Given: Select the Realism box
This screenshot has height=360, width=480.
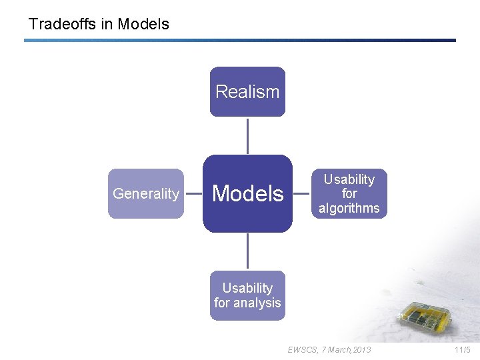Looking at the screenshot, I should [x=247, y=92].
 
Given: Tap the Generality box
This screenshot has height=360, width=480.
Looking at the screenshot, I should [x=146, y=194].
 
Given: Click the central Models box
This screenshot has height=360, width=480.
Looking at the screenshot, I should [x=247, y=194].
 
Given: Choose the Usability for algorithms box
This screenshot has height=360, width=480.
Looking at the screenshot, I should [x=349, y=194].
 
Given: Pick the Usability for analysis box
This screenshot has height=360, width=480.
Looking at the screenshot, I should [x=247, y=295].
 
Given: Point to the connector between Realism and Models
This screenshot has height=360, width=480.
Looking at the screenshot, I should [x=247, y=136].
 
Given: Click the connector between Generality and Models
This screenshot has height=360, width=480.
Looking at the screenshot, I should [x=193, y=194].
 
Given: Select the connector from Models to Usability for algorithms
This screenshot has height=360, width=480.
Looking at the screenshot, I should [x=302, y=194].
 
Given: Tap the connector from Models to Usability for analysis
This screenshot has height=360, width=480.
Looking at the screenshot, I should [x=247, y=251].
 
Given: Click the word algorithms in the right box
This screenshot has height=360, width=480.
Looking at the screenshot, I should [x=349, y=209].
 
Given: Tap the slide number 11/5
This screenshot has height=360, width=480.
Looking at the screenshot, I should [x=462, y=349].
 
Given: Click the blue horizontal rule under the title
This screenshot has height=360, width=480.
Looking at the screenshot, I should [x=240, y=40].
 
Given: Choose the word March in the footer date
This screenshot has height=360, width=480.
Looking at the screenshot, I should [x=339, y=349].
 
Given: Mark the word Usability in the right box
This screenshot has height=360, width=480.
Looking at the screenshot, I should [x=349, y=179].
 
